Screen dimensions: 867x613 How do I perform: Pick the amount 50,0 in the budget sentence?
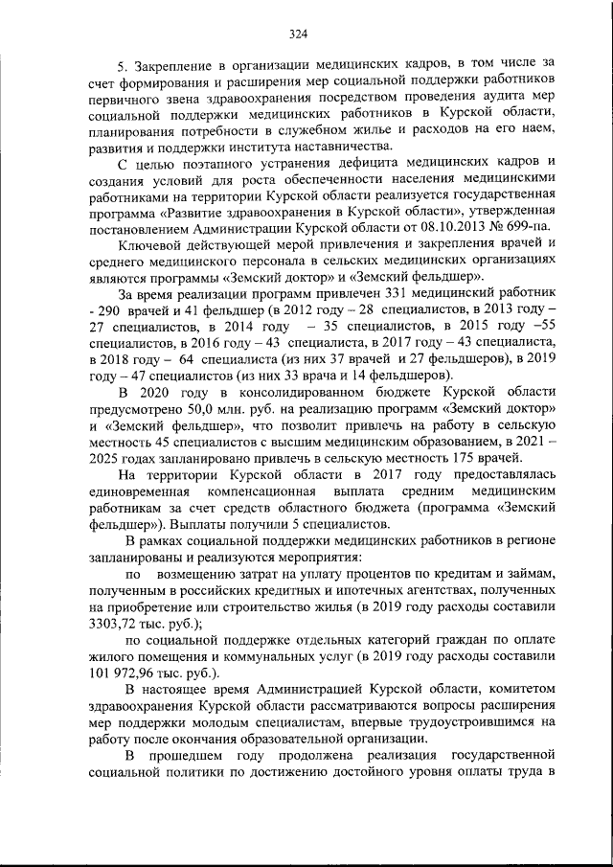point(206,410)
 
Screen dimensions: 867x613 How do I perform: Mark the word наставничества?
point(329,146)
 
